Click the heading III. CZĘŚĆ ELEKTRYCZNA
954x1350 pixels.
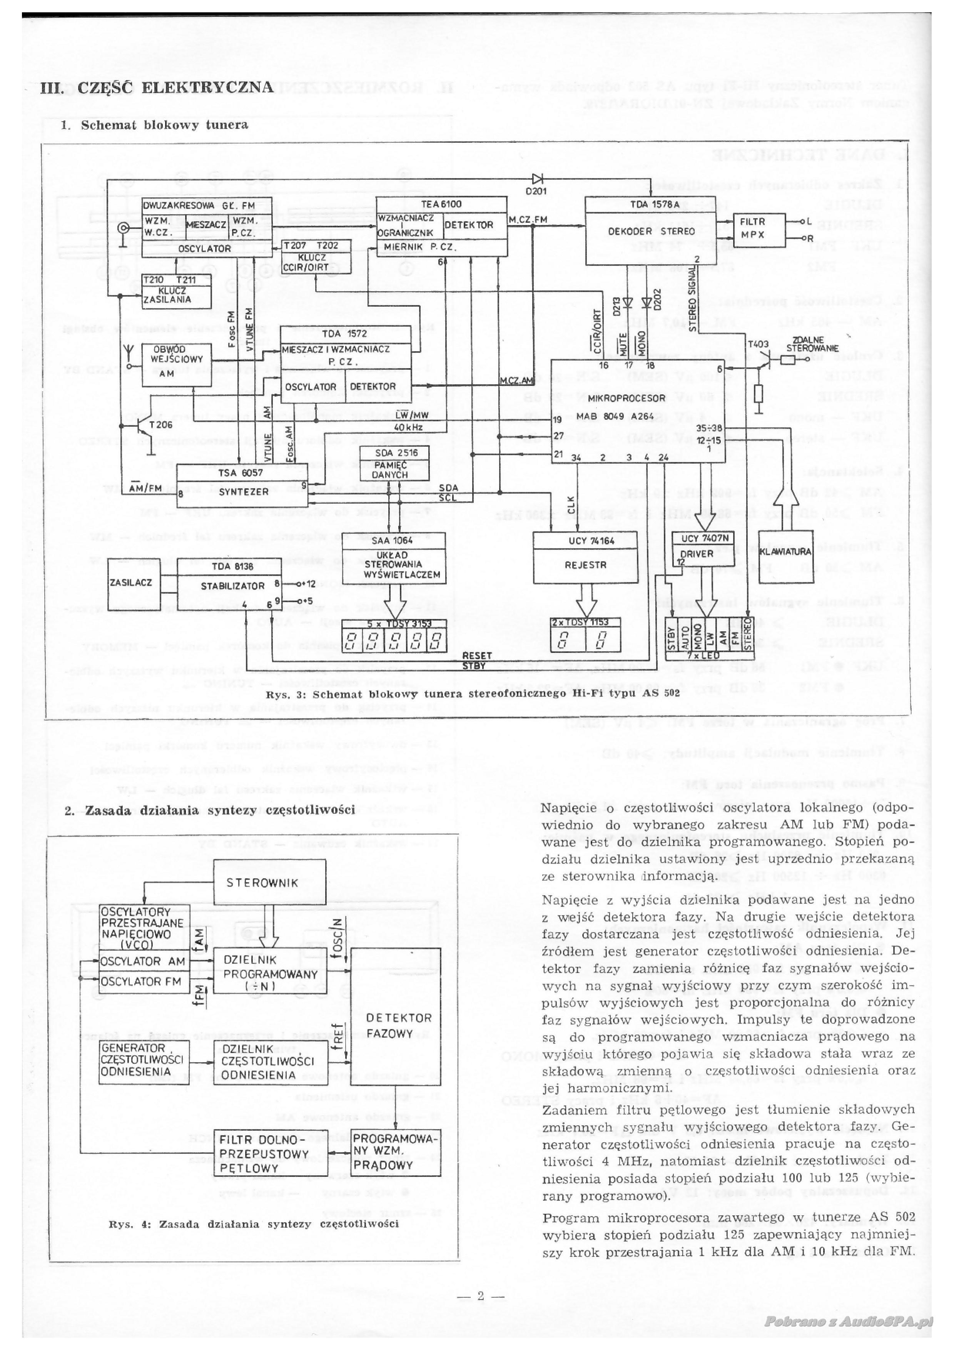click(157, 88)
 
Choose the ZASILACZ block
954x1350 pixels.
click(131, 582)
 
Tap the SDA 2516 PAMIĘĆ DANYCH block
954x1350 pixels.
click(393, 463)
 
